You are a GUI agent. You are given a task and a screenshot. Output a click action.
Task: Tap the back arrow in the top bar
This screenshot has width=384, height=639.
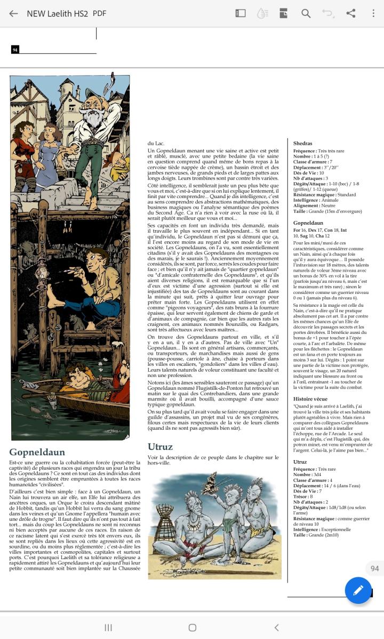(x=13, y=13)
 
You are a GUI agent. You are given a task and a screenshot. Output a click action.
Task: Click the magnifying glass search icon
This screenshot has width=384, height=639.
(x=306, y=13)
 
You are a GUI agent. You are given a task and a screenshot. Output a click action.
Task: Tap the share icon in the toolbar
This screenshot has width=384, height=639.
(x=350, y=13)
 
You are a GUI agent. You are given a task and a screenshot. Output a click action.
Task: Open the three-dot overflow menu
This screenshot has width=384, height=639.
(x=373, y=13)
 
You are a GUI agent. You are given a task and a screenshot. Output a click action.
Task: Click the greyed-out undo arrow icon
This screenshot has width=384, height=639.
(x=327, y=13)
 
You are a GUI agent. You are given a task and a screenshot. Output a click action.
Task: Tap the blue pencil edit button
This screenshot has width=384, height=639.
(x=358, y=590)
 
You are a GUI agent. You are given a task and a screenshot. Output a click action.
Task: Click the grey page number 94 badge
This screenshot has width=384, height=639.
(x=374, y=568)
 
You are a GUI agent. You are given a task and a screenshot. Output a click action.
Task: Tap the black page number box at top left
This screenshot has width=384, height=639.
(x=15, y=50)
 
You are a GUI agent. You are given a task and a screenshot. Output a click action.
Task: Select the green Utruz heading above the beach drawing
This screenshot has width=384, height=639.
(x=160, y=447)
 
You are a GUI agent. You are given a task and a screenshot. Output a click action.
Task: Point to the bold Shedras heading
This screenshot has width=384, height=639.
(x=303, y=143)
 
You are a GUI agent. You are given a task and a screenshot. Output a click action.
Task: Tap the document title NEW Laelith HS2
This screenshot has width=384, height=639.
(x=58, y=13)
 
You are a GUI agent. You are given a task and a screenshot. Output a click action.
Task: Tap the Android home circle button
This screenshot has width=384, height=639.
(x=193, y=627)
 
